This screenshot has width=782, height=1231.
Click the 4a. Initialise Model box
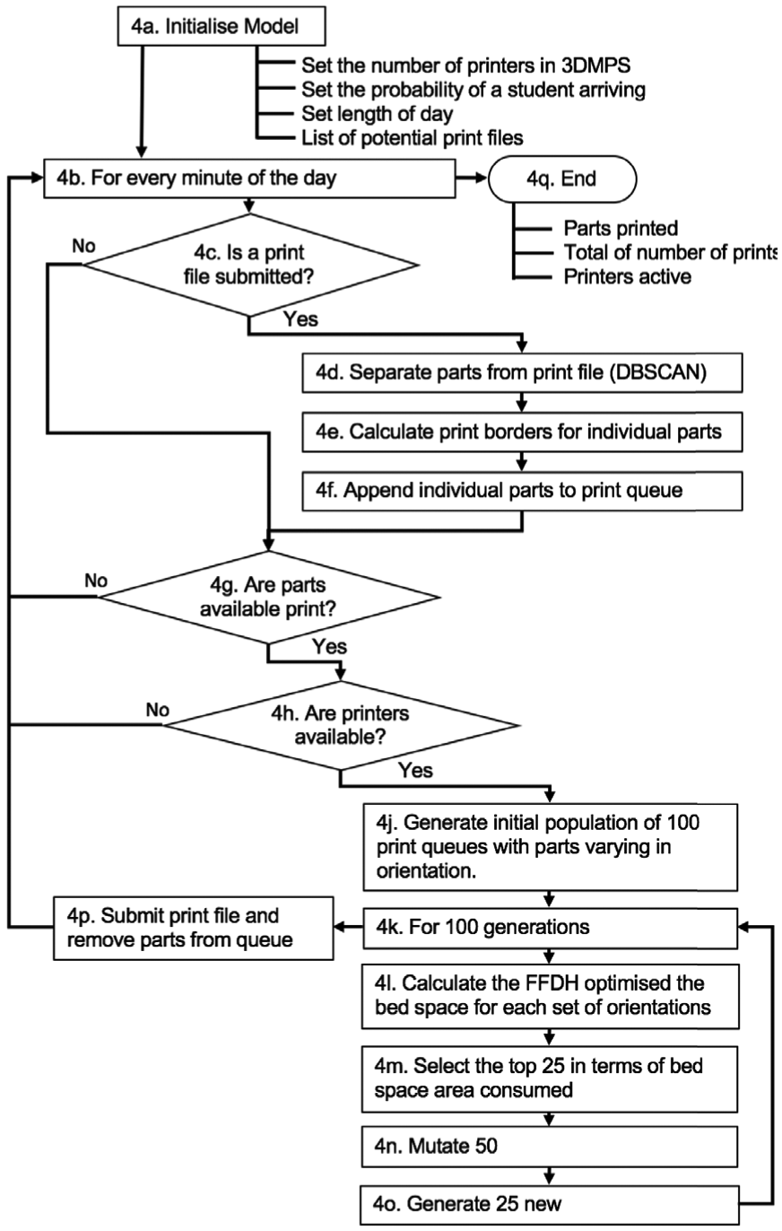pyautogui.click(x=222, y=26)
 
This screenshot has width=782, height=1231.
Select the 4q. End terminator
pyautogui.click(x=562, y=179)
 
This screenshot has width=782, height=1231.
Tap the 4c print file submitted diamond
pyautogui.click(x=250, y=265)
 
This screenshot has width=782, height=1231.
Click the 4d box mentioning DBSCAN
pyautogui.click(x=522, y=372)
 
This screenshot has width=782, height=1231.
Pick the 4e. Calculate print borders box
pyautogui.click(x=522, y=432)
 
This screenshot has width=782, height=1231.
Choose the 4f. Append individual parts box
pyautogui.click(x=522, y=491)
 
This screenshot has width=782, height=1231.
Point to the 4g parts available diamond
pyautogui.click(x=268, y=597)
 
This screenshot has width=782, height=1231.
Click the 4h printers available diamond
pyautogui.click(x=341, y=725)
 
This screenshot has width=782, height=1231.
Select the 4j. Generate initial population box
pyautogui.click(x=551, y=847)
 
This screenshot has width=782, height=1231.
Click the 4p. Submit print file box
pyautogui.click(x=194, y=929)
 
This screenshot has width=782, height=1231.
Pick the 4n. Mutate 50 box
pyautogui.click(x=549, y=1147)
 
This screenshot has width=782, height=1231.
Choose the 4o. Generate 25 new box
pyautogui.click(x=549, y=1205)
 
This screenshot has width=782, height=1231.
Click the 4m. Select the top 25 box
pyautogui.click(x=549, y=1078)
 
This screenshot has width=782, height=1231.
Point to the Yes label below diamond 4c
pyautogui.click(x=300, y=319)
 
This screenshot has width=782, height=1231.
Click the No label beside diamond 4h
pyautogui.click(x=158, y=710)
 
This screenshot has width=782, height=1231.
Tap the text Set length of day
pyautogui.click(x=378, y=114)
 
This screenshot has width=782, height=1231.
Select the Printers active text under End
pyautogui.click(x=627, y=276)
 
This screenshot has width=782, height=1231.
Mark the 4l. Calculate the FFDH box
pyautogui.click(x=551, y=996)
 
